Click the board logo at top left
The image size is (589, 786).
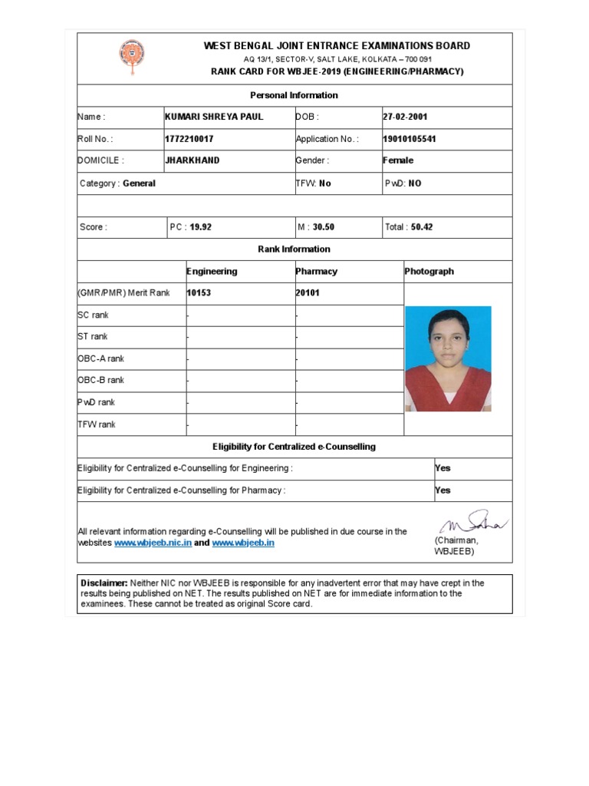130,58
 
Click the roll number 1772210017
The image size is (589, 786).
189,139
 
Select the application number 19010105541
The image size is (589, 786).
410,139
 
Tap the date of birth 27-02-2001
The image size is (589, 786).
405,117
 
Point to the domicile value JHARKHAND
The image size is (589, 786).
192,160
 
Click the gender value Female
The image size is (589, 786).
398,160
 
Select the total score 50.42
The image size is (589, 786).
421,227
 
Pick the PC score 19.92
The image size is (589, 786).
200,227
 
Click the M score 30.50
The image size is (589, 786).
323,227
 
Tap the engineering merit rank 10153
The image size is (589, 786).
199,292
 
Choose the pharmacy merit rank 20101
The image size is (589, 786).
308,292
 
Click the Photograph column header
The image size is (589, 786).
429,271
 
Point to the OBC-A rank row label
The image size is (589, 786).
100,358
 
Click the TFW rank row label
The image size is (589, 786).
97,424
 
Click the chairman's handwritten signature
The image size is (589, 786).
472,523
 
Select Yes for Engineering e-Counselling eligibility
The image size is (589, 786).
443,468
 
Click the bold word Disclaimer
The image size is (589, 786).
104,583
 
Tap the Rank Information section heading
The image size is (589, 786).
294,249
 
